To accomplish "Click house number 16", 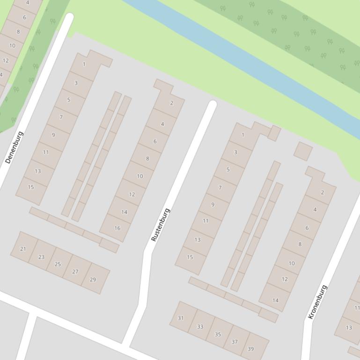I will point(117,228).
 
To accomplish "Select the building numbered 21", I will point(23,249).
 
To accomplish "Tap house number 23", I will point(41,257).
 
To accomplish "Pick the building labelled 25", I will point(58,264).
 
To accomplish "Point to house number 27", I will point(75,272).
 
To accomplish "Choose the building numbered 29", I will point(93,280).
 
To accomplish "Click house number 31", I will point(181,318).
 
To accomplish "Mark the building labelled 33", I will point(200,326).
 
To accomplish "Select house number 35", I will point(218,334).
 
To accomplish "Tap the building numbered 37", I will point(235,342).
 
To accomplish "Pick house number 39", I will point(251,349).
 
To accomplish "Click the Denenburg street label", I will point(14,147).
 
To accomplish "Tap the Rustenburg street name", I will point(160,224).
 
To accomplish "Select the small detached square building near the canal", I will point(303,151).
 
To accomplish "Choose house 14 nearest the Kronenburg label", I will point(275,300).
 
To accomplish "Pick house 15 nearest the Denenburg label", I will point(31,187).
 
